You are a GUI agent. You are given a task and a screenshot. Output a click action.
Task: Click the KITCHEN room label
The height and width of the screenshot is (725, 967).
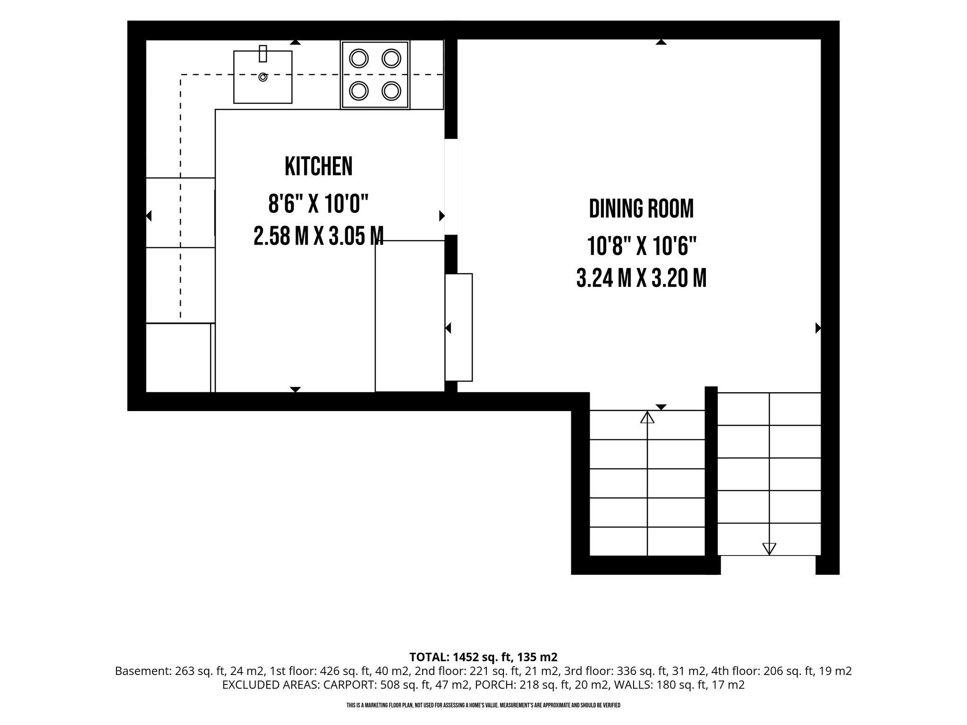tap(319, 166)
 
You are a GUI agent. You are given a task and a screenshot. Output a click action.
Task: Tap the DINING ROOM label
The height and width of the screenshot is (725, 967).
tap(641, 209)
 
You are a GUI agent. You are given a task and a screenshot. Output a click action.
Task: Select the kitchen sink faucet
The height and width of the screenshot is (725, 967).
tap(263, 53)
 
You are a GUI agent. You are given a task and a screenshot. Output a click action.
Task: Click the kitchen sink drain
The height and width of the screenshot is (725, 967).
tap(263, 77)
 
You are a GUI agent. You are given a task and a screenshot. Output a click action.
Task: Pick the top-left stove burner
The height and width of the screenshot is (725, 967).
tap(359, 59)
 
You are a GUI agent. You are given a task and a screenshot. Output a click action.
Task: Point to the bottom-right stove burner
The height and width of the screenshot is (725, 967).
tap(391, 91)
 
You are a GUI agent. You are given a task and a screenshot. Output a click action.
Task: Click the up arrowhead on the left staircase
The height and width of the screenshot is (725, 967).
tap(647, 417)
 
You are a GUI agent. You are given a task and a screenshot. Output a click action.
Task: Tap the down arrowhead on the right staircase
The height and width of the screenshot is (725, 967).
tap(769, 548)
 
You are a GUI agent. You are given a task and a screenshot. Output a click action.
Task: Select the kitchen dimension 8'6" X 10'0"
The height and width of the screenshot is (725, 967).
tap(318, 204)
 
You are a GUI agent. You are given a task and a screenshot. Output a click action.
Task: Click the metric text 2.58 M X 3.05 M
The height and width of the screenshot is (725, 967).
tap(318, 236)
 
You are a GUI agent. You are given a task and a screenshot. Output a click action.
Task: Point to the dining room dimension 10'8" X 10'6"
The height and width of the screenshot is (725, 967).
tap(642, 246)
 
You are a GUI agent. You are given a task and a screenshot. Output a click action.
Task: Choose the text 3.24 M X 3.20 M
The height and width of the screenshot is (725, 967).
tap(642, 278)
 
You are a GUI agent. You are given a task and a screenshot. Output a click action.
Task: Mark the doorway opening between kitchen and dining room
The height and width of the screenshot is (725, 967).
tap(451, 187)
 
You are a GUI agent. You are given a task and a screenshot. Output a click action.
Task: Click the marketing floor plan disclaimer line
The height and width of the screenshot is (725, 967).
tap(483, 706)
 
